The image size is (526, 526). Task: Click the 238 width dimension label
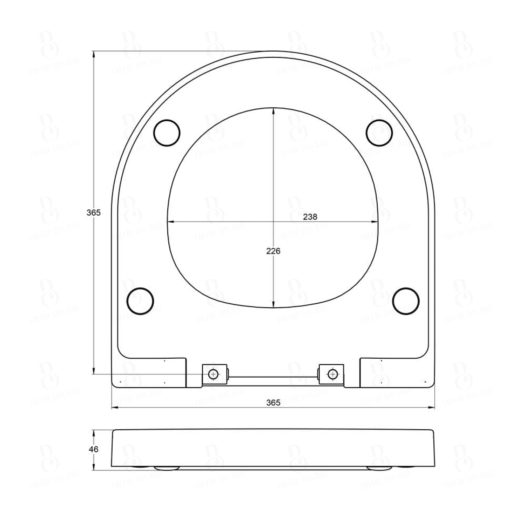tap(310, 217)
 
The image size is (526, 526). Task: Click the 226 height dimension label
tap(274, 251)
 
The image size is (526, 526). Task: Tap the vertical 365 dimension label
tap(94, 213)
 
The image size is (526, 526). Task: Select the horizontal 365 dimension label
tap(273, 403)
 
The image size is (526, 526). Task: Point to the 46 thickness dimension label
tap(94, 449)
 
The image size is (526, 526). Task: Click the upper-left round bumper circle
tap(167, 133)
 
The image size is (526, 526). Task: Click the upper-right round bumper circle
tap(379, 132)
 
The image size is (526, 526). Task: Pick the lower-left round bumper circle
tap(140, 301)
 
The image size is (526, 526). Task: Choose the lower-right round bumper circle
tap(406, 301)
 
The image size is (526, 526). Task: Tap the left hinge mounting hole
tap(213, 374)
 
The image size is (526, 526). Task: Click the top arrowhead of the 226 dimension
tap(274, 110)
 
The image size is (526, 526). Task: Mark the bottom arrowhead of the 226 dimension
tap(274, 305)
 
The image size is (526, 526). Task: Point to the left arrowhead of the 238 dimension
tap(170, 222)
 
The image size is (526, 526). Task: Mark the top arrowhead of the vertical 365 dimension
tap(94, 54)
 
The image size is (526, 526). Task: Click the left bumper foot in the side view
tap(167, 468)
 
